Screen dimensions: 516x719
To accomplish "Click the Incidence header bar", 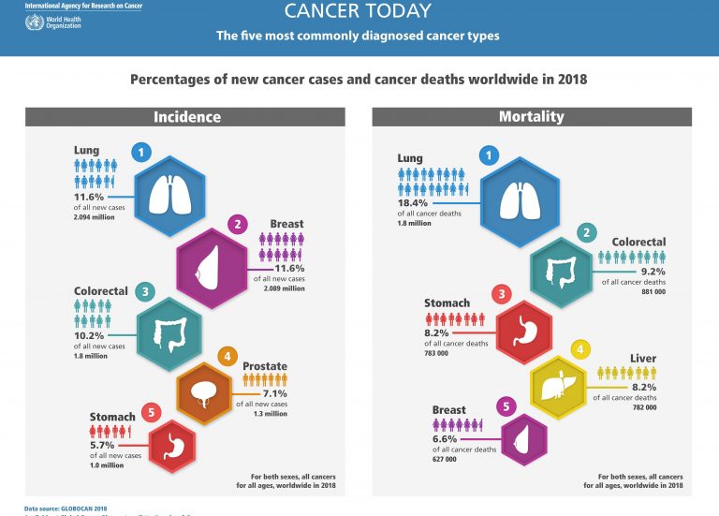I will tap(187, 117).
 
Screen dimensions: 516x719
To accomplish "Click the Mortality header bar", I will tap(532, 117).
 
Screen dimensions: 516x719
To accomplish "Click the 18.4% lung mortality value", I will tap(414, 202).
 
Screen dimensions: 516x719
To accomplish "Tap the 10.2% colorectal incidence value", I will tap(90, 333).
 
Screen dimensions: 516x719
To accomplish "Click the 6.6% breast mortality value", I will tap(446, 438).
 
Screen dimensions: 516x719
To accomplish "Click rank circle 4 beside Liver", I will tap(580, 350).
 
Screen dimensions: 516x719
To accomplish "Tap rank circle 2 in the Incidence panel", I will tap(239, 225).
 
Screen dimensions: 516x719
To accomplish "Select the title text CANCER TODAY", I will tap(359, 12).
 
